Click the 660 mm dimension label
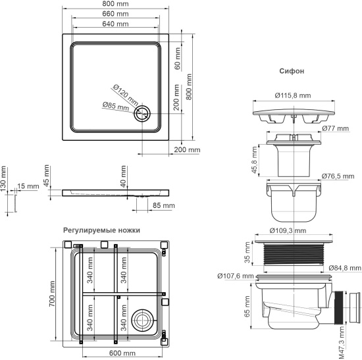pos(116,14)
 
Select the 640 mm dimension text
pos(116,24)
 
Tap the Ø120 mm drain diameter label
pos(124,93)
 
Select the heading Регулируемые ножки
pos(102,230)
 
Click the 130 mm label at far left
pos(4,177)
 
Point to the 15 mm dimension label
pos(27,187)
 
